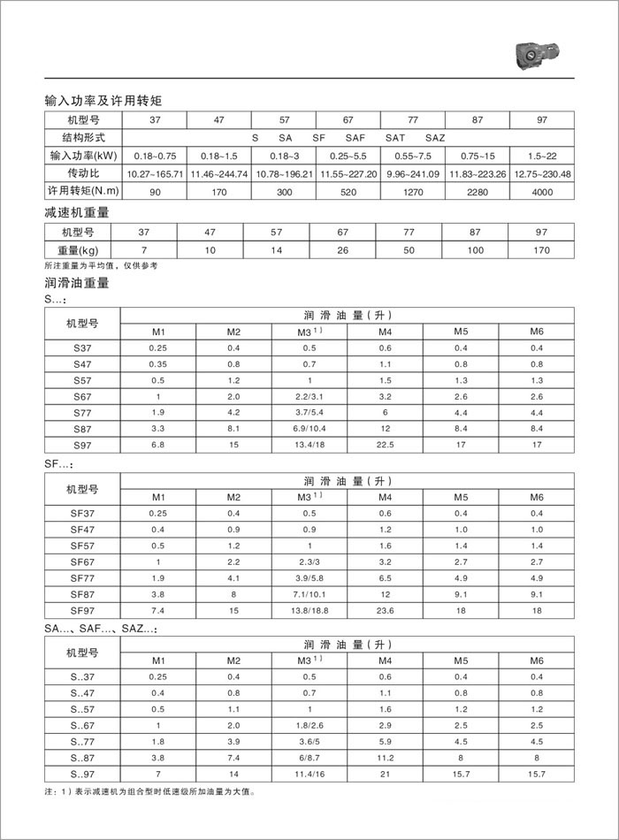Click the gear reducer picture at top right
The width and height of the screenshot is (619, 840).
point(539,55)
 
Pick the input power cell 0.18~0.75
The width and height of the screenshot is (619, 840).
point(156,156)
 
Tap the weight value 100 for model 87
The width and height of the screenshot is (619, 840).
point(474,250)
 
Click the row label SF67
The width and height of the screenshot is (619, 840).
point(82,561)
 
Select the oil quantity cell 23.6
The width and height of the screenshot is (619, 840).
point(385,610)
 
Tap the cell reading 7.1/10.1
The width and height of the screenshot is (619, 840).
point(309,594)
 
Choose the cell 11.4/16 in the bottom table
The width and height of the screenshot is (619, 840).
point(309,775)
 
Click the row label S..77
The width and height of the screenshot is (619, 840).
point(82,743)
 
